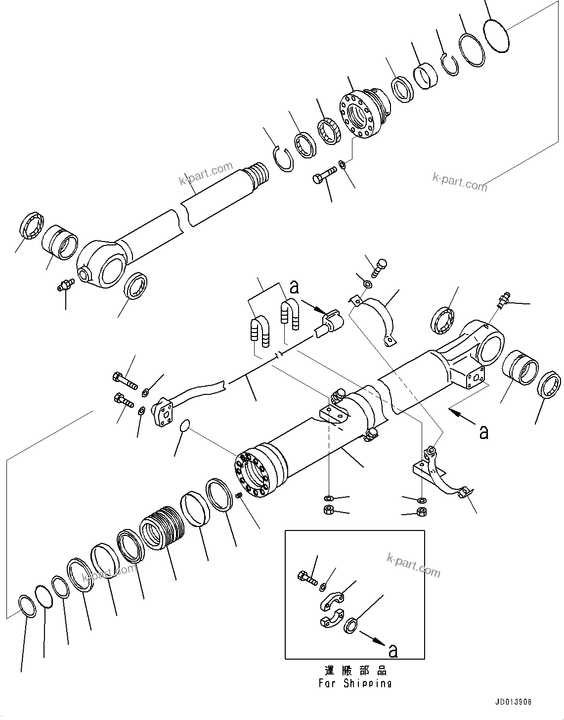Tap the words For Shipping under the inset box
[x=354, y=683]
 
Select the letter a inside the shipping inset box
[x=392, y=651]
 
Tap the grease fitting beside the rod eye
[x=65, y=285]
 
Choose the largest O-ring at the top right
[x=496, y=35]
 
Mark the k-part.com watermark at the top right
[x=460, y=182]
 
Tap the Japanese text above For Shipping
[x=355, y=671]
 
